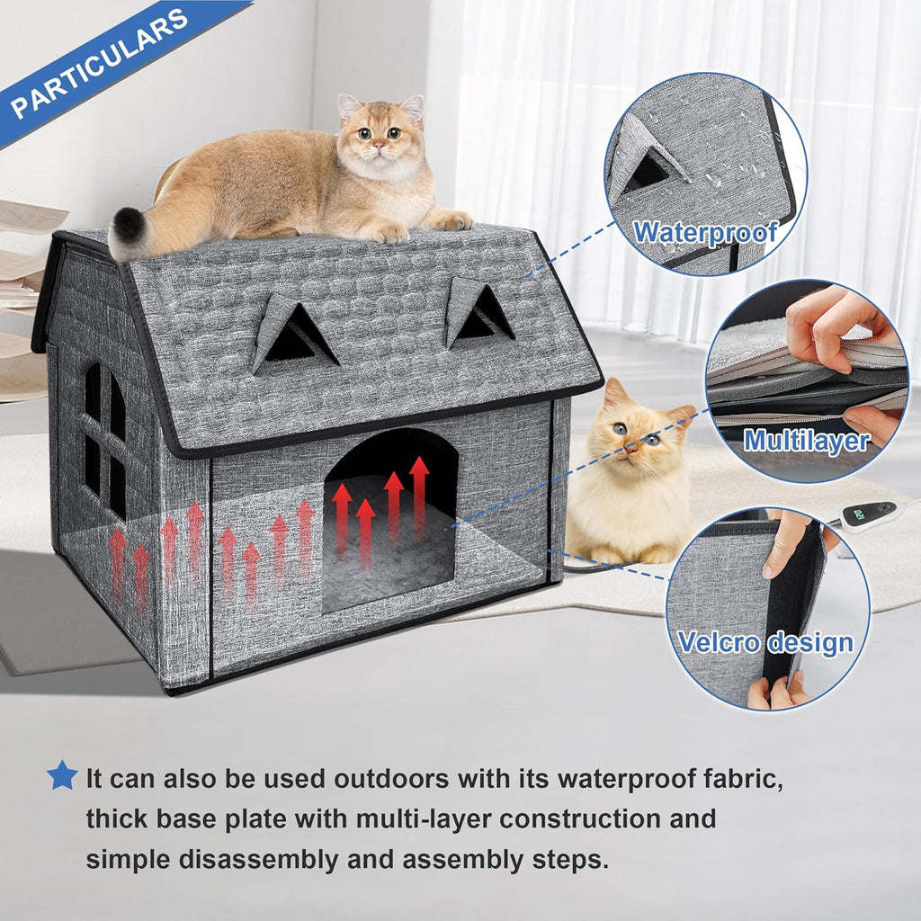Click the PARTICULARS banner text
pyautogui.click(x=99, y=63)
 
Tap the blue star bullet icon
pyautogui.click(x=62, y=774)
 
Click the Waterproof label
pyautogui.click(x=705, y=232)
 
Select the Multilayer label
pyautogui.click(x=806, y=441)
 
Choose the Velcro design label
pyautogui.click(x=765, y=642)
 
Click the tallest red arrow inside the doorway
pyautogui.click(x=419, y=495)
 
